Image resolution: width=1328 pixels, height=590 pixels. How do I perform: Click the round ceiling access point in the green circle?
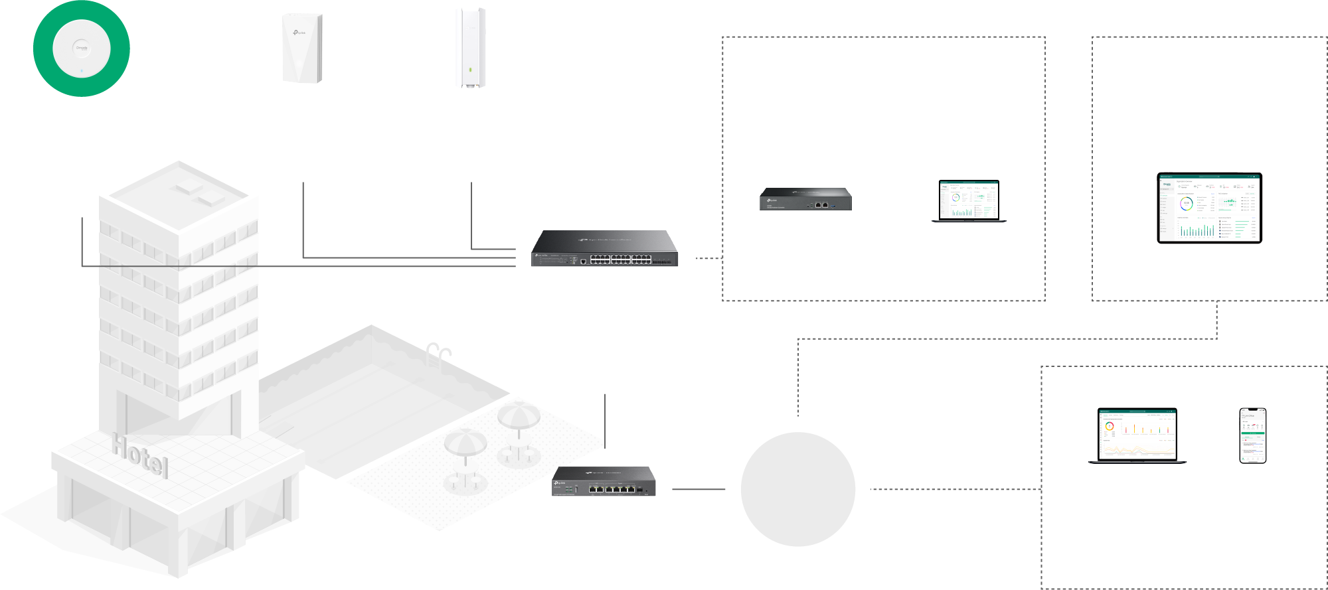(x=81, y=48)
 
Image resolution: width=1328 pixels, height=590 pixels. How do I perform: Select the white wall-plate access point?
(x=302, y=48)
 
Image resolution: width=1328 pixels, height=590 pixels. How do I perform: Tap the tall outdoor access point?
(x=471, y=47)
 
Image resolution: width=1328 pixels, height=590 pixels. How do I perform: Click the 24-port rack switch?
(x=604, y=249)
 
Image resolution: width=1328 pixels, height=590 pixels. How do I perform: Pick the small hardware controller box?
(x=805, y=199)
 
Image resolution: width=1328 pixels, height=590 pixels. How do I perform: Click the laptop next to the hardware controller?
(x=969, y=200)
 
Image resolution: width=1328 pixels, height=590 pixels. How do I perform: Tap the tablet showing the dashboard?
(x=1209, y=208)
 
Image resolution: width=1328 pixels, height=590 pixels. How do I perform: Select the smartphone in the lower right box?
(x=1252, y=435)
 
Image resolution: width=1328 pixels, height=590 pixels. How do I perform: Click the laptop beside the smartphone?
(x=1137, y=435)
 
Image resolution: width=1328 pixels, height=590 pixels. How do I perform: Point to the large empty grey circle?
(x=797, y=489)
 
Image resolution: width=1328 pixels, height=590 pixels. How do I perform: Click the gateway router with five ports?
(x=604, y=482)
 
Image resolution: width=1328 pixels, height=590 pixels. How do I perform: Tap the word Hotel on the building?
(x=139, y=455)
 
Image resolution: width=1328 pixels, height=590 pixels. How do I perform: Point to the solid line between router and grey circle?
(x=698, y=489)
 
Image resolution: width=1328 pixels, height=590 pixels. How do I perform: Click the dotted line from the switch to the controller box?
(x=708, y=258)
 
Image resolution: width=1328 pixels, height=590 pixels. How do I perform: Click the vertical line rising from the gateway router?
(x=605, y=418)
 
